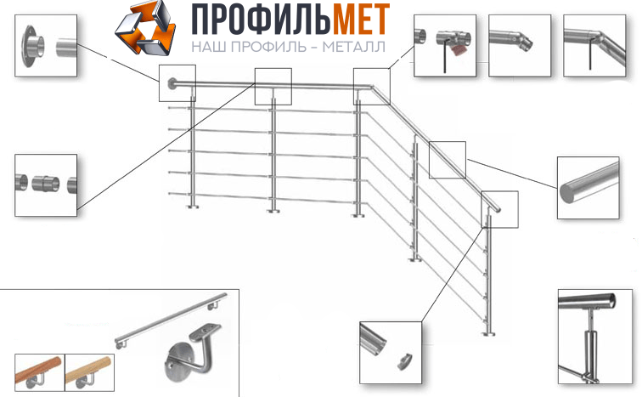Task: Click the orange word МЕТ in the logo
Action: pyautogui.click(x=361, y=20)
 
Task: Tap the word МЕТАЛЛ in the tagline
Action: pyautogui.click(x=354, y=47)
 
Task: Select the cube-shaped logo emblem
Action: pyautogui.click(x=145, y=28)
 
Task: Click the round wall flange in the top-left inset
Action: pyautogui.click(x=33, y=46)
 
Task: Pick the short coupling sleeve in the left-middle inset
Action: pyautogui.click(x=46, y=184)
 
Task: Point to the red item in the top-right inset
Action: pyautogui.click(x=459, y=49)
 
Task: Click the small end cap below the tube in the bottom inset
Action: pyautogui.click(x=404, y=361)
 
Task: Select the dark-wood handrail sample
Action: pyautogui.click(x=39, y=371)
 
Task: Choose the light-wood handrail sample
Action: pyautogui.click(x=89, y=371)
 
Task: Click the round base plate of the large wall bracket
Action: pyautogui.click(x=177, y=364)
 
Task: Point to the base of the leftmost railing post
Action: pyautogui.click(x=193, y=207)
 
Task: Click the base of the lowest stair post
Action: pyautogui.click(x=488, y=334)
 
